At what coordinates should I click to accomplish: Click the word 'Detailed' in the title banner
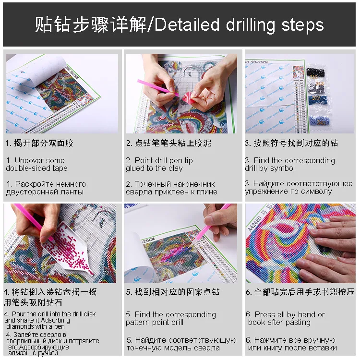[187, 24]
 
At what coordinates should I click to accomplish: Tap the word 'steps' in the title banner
[302, 25]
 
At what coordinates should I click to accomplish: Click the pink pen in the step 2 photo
[158, 88]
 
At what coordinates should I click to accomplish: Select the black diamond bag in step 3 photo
[316, 73]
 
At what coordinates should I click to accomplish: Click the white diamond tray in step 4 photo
[67, 248]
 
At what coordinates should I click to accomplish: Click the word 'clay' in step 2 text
[176, 168]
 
